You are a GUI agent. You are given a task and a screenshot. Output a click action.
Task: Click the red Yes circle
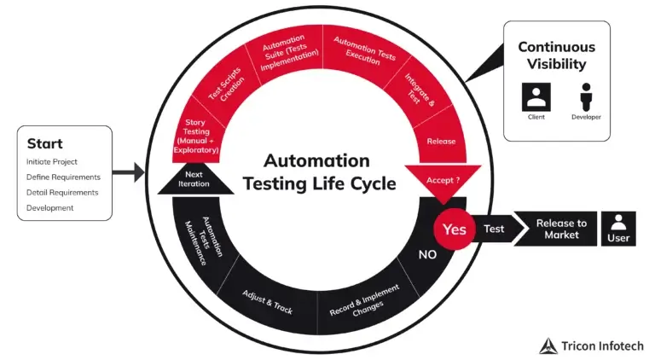(455, 229)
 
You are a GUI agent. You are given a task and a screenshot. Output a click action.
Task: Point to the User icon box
(619, 229)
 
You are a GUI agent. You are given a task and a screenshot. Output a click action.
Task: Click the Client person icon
(536, 96)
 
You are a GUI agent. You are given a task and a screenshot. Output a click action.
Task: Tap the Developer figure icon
(586, 96)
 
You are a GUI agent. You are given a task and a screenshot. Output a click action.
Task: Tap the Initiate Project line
(52, 162)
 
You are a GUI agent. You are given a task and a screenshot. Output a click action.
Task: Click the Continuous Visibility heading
(557, 55)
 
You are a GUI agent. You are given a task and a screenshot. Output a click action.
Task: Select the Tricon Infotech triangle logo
(548, 345)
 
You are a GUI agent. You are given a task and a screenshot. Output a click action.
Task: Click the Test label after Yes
(494, 229)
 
